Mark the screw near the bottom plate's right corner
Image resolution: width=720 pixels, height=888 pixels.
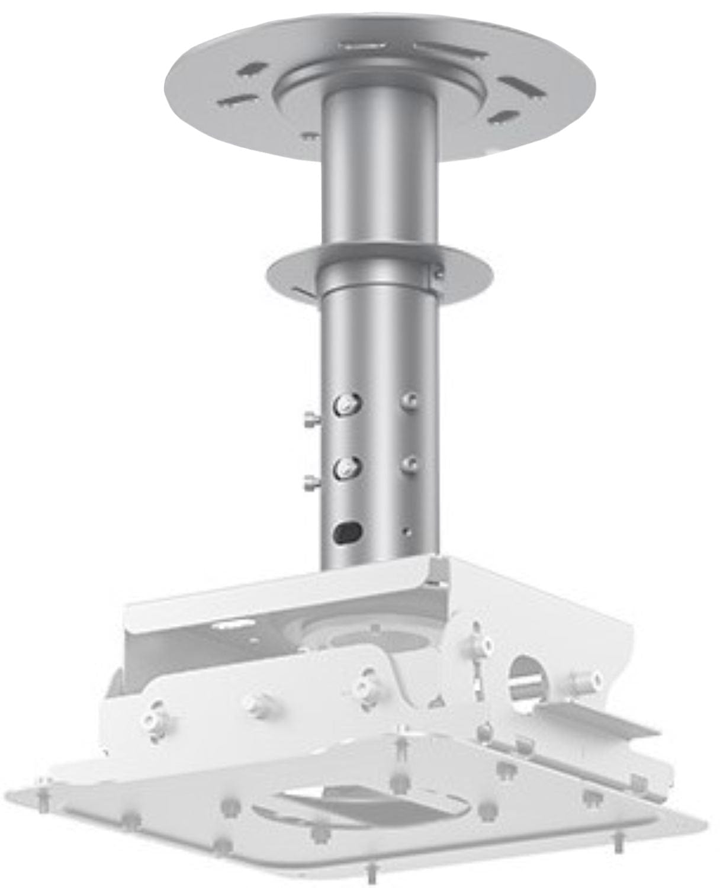(619, 839)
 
